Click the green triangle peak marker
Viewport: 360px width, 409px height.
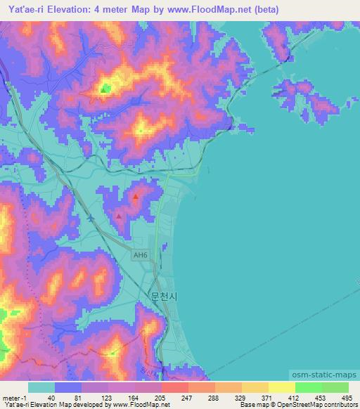[x=105, y=88]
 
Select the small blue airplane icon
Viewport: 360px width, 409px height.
[x=91, y=217]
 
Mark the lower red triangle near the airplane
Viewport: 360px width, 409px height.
[x=119, y=216]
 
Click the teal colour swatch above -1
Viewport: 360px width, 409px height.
[x=42, y=387]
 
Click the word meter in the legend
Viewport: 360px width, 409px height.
[x=11, y=398]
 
